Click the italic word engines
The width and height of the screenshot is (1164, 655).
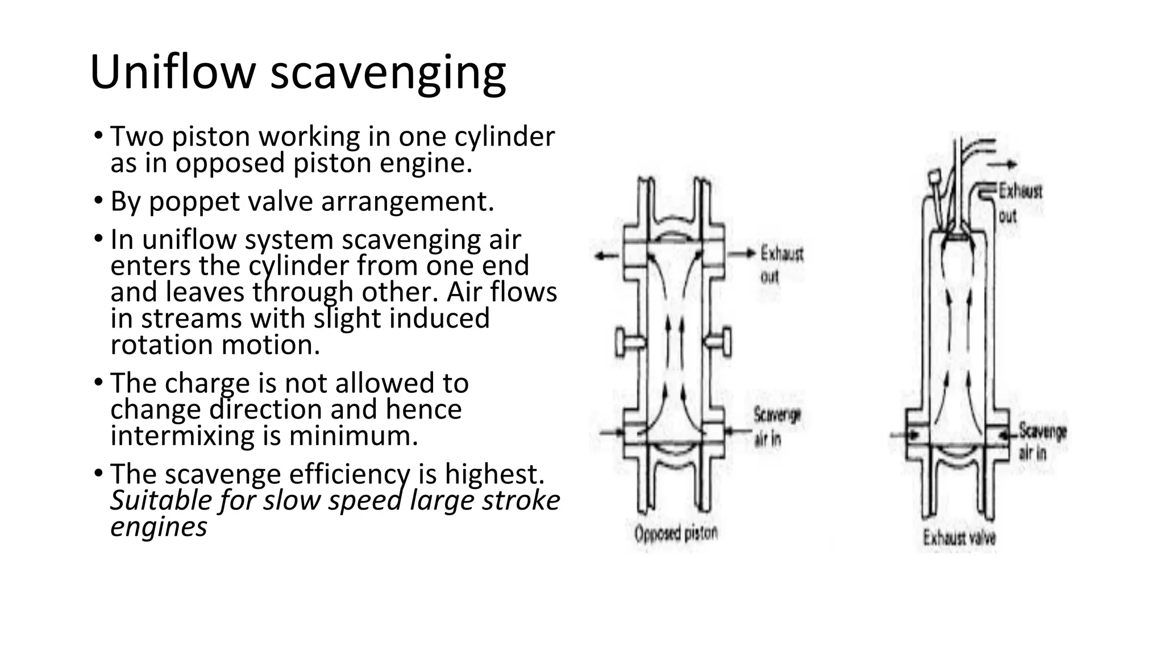point(159,527)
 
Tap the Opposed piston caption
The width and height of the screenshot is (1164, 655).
point(676,533)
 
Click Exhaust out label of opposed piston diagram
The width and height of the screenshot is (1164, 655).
point(781,264)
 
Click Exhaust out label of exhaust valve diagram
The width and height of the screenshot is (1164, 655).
point(1020,202)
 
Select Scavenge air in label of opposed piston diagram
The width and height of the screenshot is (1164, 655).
point(776,426)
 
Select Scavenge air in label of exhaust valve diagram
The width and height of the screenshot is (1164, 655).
point(1042,441)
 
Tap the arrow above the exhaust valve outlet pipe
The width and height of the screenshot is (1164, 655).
point(1003,164)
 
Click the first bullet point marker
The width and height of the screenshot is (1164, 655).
point(98,136)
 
